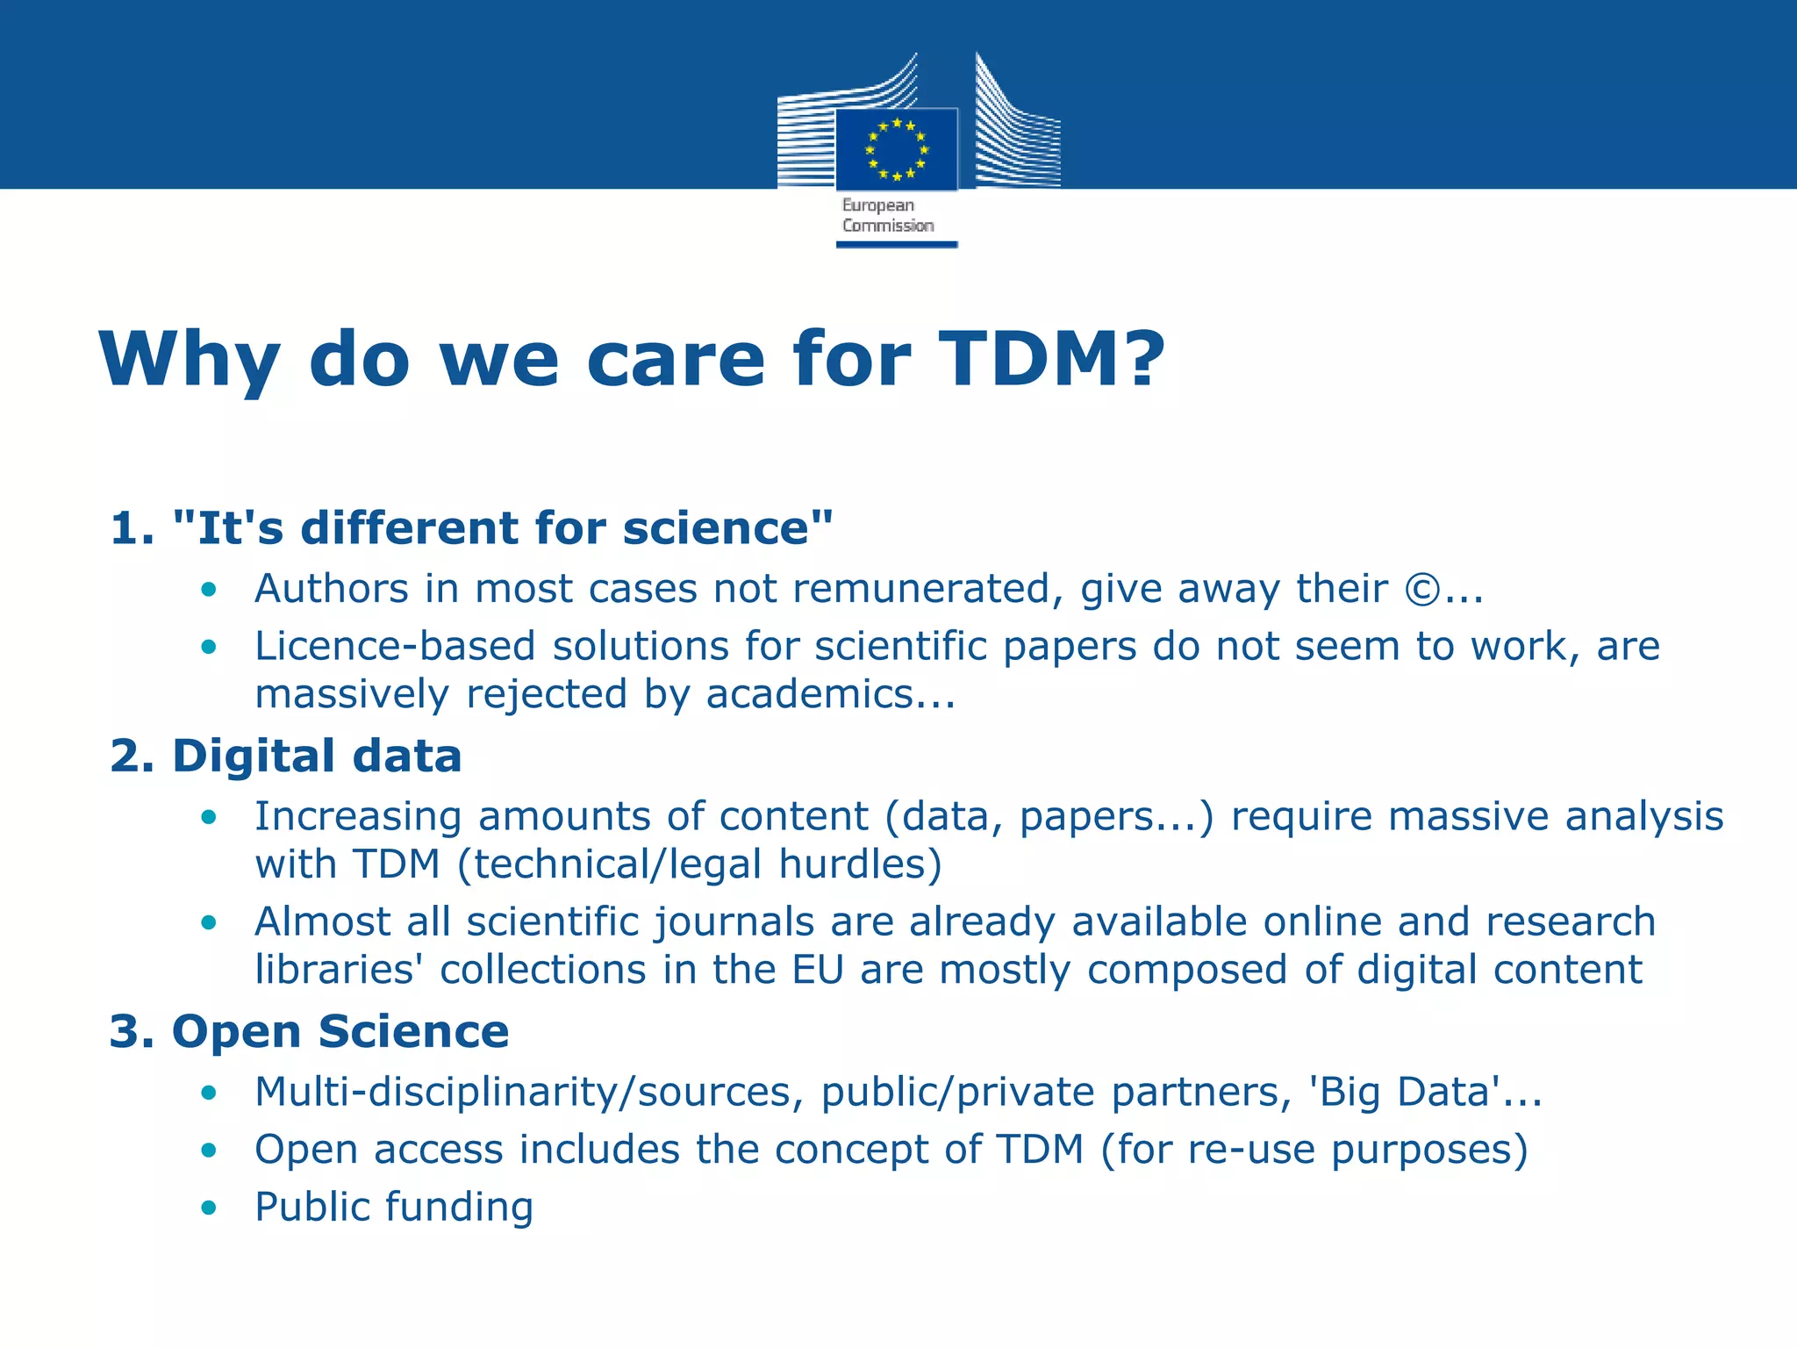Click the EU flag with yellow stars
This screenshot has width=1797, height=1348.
click(x=896, y=149)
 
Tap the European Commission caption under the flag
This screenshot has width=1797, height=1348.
click(x=887, y=216)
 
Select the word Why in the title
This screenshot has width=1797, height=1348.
click(x=190, y=359)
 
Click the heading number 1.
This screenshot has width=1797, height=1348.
click(x=132, y=528)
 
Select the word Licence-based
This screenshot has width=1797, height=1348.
click(x=395, y=647)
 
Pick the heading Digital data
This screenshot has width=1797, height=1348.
click(x=317, y=756)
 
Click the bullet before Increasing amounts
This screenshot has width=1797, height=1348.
click(x=209, y=817)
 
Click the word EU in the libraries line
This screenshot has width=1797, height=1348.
click(x=818, y=970)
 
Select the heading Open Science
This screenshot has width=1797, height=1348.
click(x=340, y=1031)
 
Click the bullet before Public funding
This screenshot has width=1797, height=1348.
click(x=209, y=1208)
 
